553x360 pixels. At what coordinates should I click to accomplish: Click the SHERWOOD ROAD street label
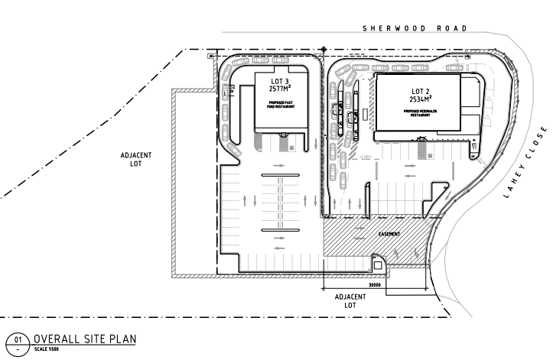click(414, 28)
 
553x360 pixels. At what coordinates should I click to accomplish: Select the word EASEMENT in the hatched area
click(389, 233)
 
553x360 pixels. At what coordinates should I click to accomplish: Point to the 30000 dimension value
click(374, 285)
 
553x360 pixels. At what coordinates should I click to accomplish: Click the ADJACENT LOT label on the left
click(136, 159)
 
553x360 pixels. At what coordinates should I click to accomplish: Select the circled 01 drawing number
click(17, 338)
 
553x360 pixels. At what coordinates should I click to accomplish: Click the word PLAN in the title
click(121, 337)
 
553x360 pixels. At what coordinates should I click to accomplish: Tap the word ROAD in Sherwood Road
click(448, 28)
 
